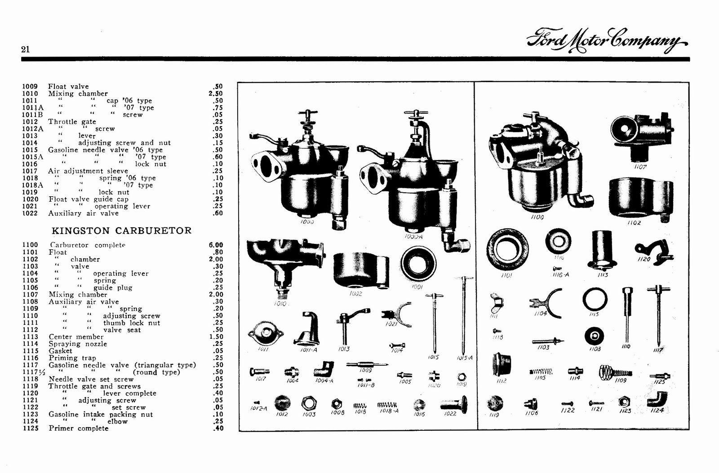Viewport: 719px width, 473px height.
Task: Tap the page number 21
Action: point(26,49)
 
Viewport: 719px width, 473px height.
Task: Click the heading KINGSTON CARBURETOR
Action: point(121,230)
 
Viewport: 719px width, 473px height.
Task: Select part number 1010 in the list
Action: point(30,93)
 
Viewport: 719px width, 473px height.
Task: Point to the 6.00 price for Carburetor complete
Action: point(216,245)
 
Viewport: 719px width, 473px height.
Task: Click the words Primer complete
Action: point(78,428)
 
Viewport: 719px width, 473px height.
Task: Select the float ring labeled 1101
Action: point(507,249)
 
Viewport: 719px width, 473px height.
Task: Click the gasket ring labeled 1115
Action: point(595,299)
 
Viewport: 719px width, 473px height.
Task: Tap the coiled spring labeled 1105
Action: point(541,372)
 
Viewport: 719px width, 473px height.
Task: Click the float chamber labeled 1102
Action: point(640,198)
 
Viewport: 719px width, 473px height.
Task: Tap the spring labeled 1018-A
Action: point(387,405)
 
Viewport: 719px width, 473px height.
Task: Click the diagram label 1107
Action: point(640,167)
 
